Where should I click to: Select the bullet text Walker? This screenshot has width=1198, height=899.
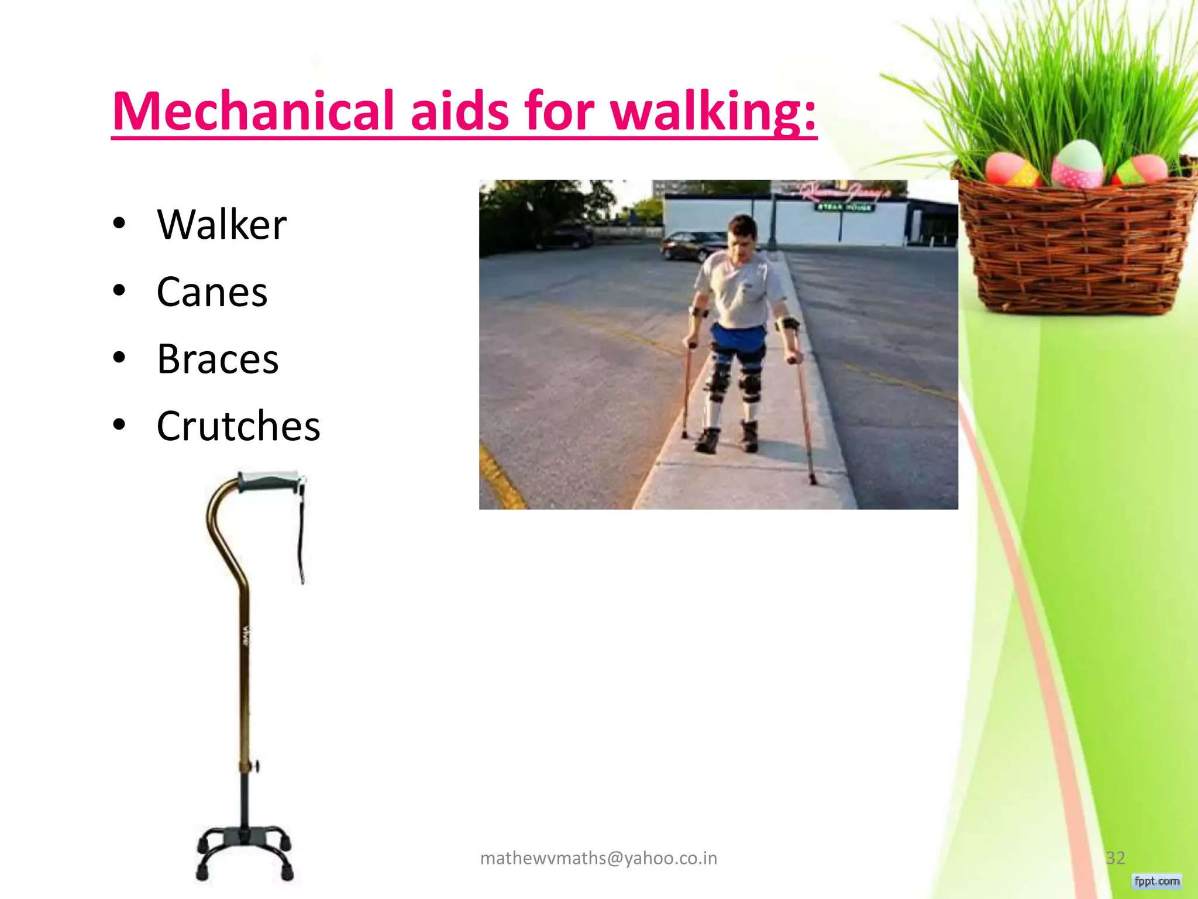click(222, 225)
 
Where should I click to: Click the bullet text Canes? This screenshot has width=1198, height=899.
click(212, 292)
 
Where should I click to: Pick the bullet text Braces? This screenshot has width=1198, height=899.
click(218, 359)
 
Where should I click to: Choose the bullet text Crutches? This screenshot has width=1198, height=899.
click(238, 426)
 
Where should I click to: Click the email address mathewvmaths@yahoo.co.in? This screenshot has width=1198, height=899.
click(598, 858)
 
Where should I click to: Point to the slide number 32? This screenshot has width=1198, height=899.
click(1115, 858)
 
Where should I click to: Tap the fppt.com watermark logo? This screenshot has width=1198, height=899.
click(1156, 881)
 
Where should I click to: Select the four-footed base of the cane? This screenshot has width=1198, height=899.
click(244, 852)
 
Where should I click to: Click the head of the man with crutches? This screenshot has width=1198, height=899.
click(742, 231)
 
